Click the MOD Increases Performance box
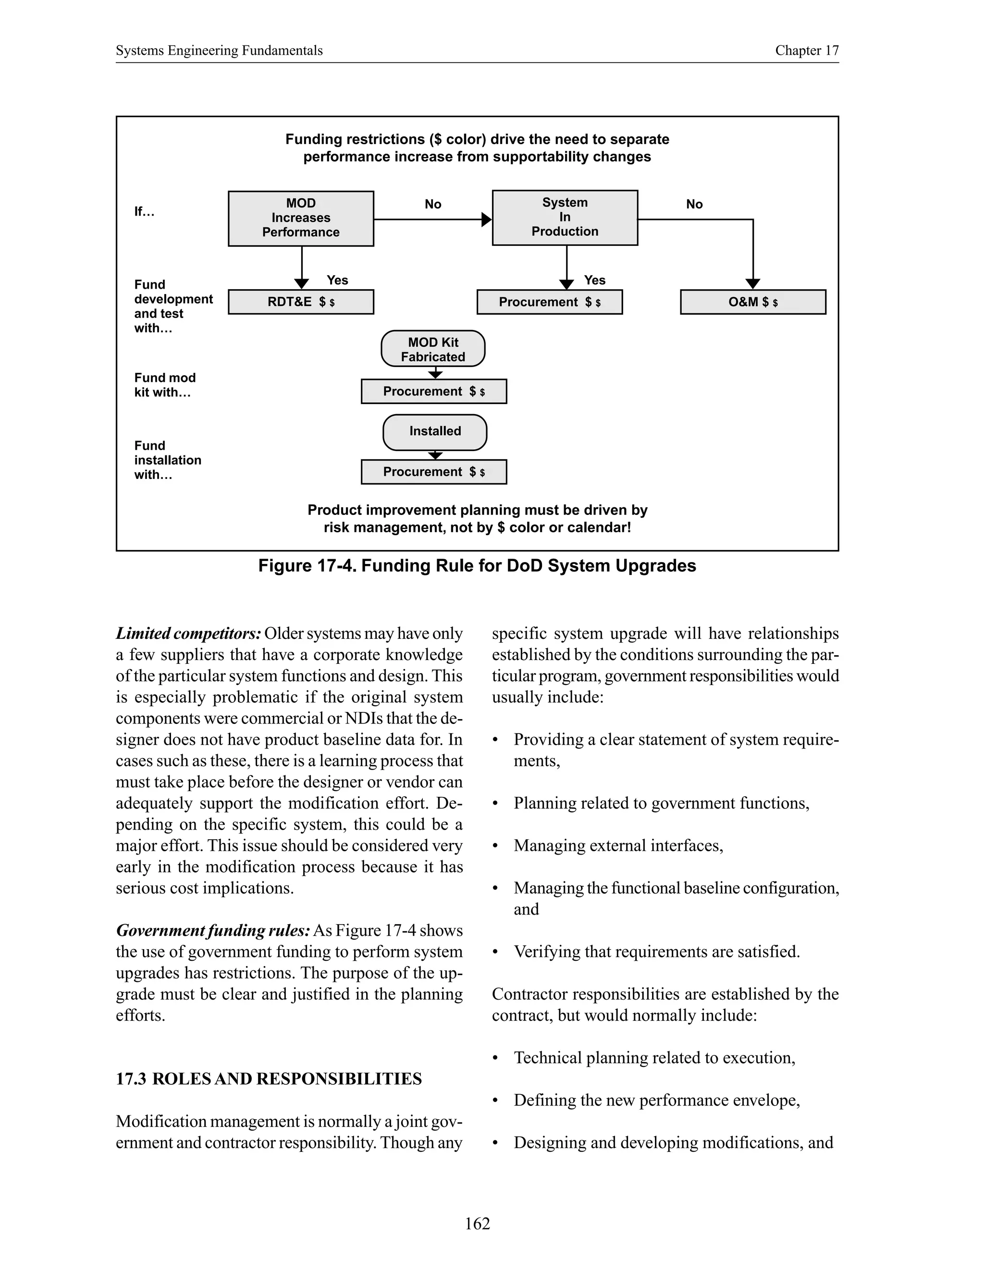point(301,218)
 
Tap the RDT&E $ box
point(301,302)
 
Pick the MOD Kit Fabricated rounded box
point(432,349)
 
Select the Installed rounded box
point(435,431)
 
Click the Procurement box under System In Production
point(549,302)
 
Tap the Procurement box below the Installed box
point(434,472)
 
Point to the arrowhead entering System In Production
point(487,220)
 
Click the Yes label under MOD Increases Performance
point(337,281)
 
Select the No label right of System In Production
point(694,204)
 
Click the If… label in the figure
point(144,211)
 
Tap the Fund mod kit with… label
point(164,385)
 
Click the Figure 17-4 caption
point(477,566)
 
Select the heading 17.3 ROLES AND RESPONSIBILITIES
point(269,1079)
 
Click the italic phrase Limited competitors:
point(188,634)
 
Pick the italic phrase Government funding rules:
point(213,930)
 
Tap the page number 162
point(477,1224)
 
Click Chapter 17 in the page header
point(806,51)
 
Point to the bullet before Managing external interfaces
point(495,846)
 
